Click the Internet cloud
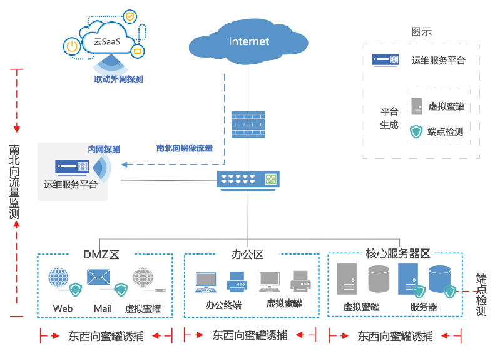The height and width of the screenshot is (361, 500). [248, 42]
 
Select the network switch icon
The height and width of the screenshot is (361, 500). [248, 180]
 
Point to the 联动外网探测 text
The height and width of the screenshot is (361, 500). [118, 79]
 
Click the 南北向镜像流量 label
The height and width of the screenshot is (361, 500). [185, 148]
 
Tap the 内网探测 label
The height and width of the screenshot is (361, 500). [104, 150]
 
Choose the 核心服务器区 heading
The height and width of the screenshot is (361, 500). [397, 254]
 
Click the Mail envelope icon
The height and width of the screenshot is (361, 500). [98, 277]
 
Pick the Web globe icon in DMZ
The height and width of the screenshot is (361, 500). [61, 278]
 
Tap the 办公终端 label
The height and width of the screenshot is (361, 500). [223, 305]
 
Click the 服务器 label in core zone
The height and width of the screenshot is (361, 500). [423, 307]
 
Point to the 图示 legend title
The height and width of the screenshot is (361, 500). [421, 32]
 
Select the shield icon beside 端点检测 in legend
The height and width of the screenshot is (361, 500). [415, 131]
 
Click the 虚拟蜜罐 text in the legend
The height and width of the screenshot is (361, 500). [446, 106]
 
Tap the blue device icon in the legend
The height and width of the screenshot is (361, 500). [385, 60]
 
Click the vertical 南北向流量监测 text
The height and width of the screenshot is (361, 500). [14, 181]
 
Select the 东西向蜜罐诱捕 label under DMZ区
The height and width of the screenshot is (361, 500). [106, 336]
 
